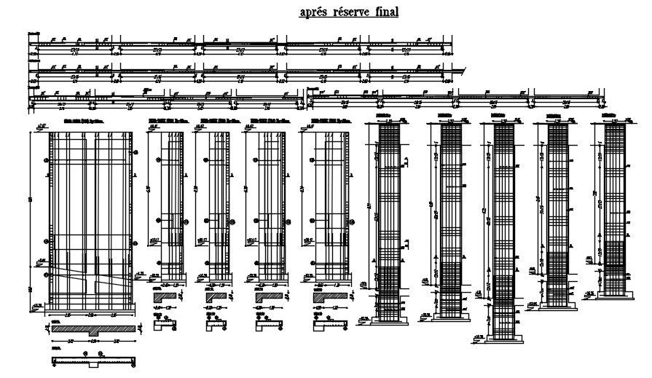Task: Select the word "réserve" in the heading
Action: [352, 12]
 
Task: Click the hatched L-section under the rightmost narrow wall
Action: [326, 297]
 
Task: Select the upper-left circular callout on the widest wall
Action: [47, 160]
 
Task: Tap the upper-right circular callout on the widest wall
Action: [137, 153]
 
